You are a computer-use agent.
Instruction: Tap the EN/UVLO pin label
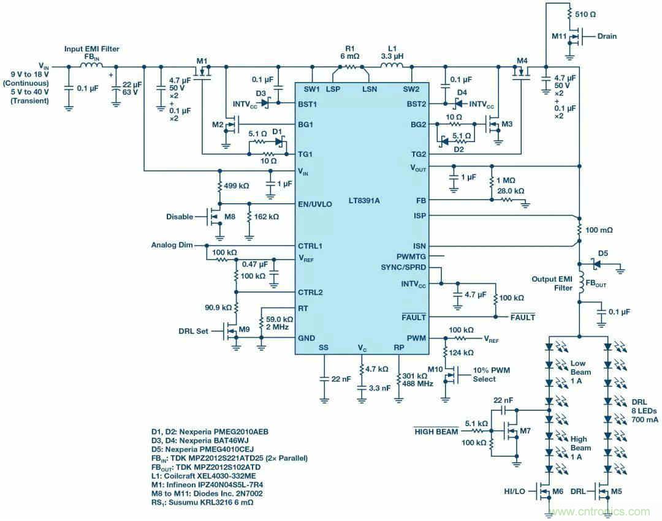tap(314, 204)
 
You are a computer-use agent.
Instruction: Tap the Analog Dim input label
tap(171, 245)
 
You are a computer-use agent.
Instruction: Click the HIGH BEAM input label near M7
tap(436, 431)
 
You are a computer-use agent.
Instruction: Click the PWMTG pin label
tap(411, 256)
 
